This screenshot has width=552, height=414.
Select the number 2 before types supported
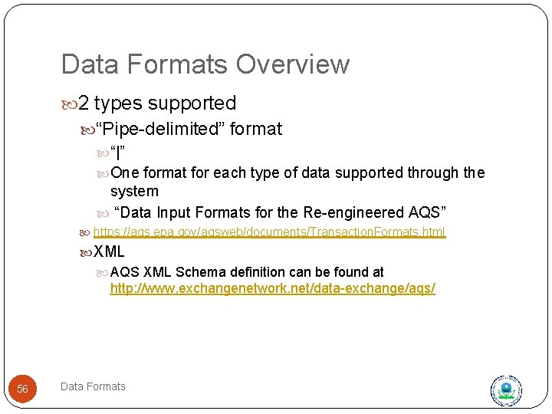[x=84, y=103]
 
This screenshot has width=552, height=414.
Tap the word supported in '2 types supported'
[x=192, y=103]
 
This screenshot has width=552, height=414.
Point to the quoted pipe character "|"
[x=118, y=150]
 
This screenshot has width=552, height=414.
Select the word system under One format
[x=134, y=191]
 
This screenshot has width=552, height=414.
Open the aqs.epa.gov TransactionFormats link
[x=269, y=232]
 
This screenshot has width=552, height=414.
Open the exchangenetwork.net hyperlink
[x=272, y=289]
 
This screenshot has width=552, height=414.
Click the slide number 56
[x=22, y=389]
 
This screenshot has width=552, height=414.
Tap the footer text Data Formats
[x=93, y=386]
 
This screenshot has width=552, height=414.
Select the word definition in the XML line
[x=258, y=272]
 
